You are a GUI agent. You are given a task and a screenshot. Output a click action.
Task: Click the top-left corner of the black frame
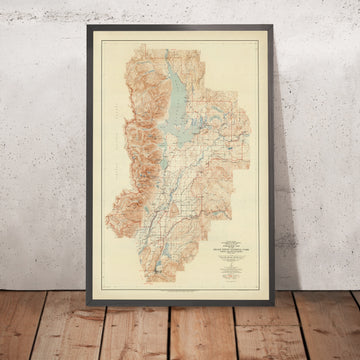[x=88, y=26]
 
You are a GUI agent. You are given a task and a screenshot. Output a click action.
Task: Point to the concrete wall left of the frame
[x=45, y=150]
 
